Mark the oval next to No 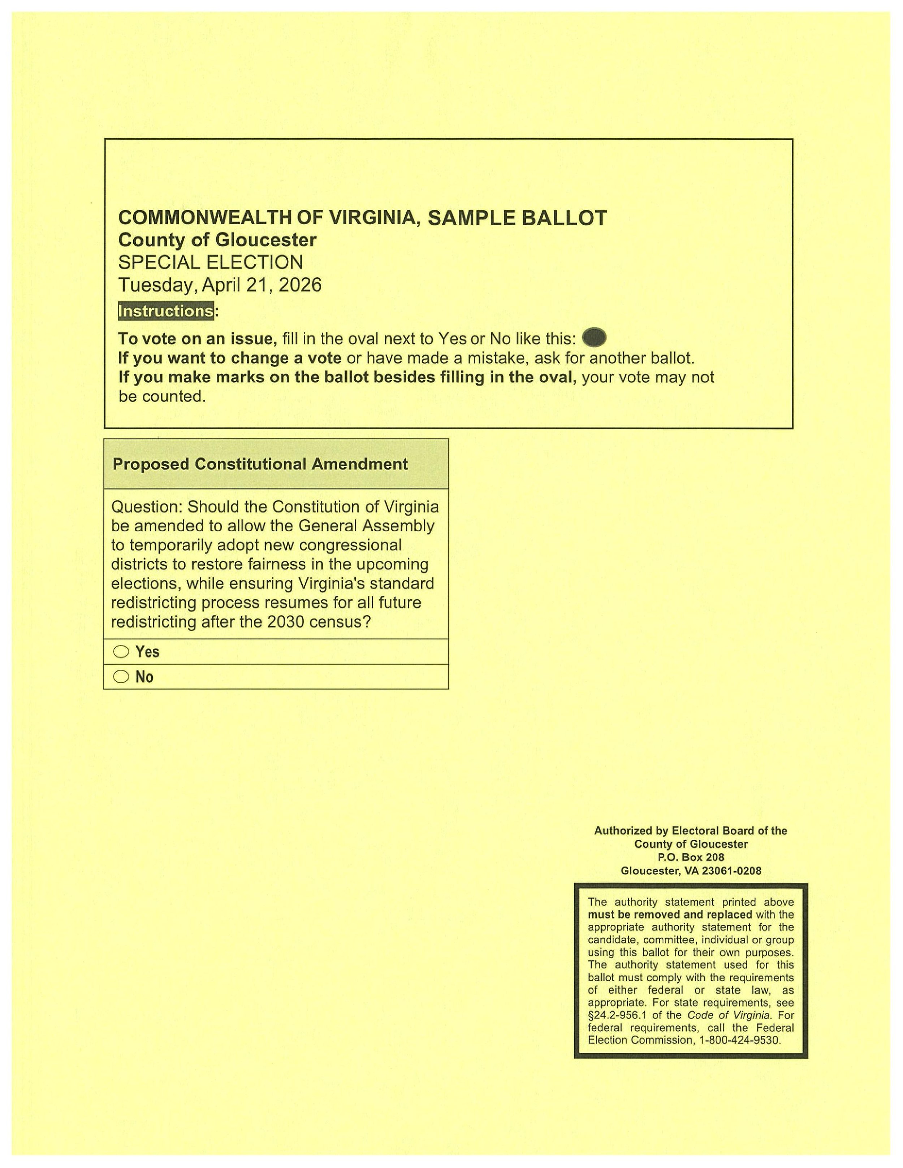click(x=121, y=677)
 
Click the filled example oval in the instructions click(x=594, y=338)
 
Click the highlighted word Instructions click(x=166, y=311)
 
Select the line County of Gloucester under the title click(x=217, y=240)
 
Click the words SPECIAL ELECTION click(x=210, y=262)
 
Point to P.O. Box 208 click(x=691, y=857)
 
